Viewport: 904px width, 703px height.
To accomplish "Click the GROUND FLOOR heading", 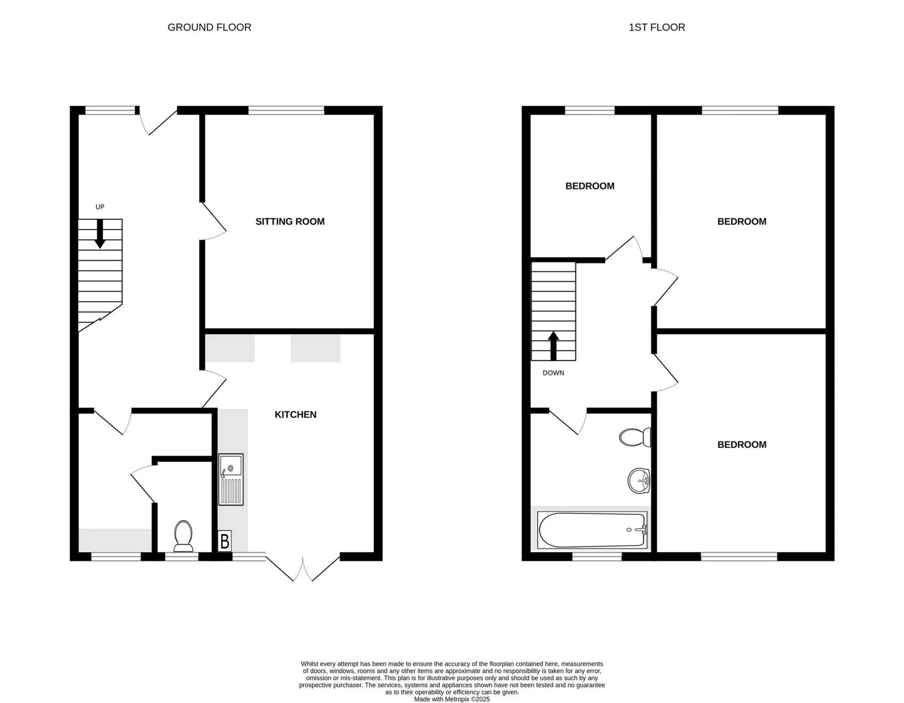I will [x=209, y=27].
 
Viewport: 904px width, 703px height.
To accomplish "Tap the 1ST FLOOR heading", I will [x=656, y=27].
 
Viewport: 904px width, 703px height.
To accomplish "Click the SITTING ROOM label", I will [x=290, y=221].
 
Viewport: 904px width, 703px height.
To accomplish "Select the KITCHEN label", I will [x=295, y=415].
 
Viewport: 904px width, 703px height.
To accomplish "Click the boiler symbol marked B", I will [x=225, y=541].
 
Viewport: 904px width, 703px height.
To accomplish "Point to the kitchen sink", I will [x=231, y=479].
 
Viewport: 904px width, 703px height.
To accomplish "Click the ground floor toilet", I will [x=183, y=536].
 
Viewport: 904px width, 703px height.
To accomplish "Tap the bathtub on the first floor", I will [x=592, y=530].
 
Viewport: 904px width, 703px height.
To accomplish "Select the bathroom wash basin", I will [x=639, y=481].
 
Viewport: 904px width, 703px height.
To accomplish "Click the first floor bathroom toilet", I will [x=634, y=437].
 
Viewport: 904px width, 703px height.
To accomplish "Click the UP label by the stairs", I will [x=100, y=207].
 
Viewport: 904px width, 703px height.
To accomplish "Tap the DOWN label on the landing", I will [x=553, y=373].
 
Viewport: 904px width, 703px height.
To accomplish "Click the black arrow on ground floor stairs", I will [x=100, y=234].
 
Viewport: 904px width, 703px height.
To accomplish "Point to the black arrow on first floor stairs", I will [x=553, y=346].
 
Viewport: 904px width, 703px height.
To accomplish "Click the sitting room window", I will [x=286, y=110].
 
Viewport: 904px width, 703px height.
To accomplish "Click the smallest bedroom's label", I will [x=589, y=186].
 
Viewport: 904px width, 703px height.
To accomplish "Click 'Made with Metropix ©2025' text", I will [x=452, y=699].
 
